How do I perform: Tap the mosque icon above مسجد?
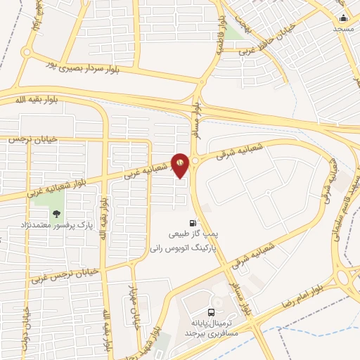coord(343,18)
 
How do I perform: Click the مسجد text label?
coord(344,29)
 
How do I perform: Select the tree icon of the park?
coord(57,214)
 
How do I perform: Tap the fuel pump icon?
coord(193,223)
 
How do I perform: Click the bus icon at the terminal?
coord(212,313)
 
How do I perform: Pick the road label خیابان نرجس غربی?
coord(63,274)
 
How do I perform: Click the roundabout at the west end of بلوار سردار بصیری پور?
coord(26,51)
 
